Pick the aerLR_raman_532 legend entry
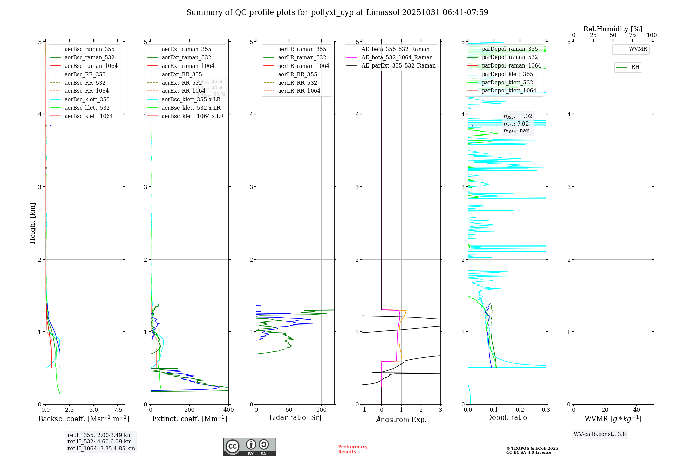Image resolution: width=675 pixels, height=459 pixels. click(x=302, y=57)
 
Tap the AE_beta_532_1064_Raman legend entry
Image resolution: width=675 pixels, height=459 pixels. click(x=397, y=57)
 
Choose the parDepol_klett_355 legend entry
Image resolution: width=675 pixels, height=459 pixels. click(x=507, y=74)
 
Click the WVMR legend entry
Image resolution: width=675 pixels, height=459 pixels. click(x=638, y=49)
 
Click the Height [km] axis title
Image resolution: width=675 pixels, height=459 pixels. click(x=32, y=223)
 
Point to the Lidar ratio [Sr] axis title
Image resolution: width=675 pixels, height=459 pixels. click(x=295, y=417)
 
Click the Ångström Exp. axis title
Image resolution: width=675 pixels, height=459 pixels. click(x=401, y=419)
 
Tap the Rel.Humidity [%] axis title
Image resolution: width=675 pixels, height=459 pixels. click(x=613, y=29)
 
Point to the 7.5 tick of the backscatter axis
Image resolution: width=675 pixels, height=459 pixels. click(x=118, y=410)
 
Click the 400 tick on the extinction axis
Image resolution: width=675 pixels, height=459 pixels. click(x=228, y=410)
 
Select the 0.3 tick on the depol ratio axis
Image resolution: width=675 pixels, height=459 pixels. click(x=546, y=410)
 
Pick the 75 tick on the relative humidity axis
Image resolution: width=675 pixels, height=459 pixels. click(x=632, y=35)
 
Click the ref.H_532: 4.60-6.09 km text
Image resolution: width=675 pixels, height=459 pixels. click(x=100, y=441)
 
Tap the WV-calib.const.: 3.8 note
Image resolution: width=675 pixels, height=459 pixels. click(x=600, y=434)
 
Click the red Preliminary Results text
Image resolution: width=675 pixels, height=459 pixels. click(x=352, y=449)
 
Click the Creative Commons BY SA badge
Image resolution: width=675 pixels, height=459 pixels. click(x=249, y=447)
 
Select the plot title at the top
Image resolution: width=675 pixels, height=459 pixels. click(x=337, y=12)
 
